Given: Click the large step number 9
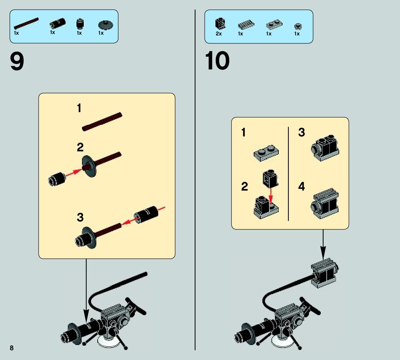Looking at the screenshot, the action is tap(17, 61).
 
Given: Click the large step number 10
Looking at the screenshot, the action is tap(217, 61).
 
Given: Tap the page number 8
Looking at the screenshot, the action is tap(11, 348).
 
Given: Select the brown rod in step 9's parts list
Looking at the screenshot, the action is tap(26, 23).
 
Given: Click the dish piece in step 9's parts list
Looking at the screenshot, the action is tap(106, 25).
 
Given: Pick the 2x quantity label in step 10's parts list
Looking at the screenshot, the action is tap(219, 34).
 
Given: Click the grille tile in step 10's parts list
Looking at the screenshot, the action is tap(246, 25).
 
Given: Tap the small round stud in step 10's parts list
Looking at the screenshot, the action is tap(298, 26).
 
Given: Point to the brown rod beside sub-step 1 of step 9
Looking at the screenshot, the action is tap(102, 122).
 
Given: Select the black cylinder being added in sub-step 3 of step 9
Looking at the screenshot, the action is tap(146, 215).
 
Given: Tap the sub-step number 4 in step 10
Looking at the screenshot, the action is tap(301, 186).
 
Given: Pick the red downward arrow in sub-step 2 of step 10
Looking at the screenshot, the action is tap(271, 196).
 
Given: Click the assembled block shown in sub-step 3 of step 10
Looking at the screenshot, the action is tap(325, 148).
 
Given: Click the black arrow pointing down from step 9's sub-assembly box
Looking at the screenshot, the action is tap(86, 289).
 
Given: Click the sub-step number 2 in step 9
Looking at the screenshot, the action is tap(80, 147).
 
